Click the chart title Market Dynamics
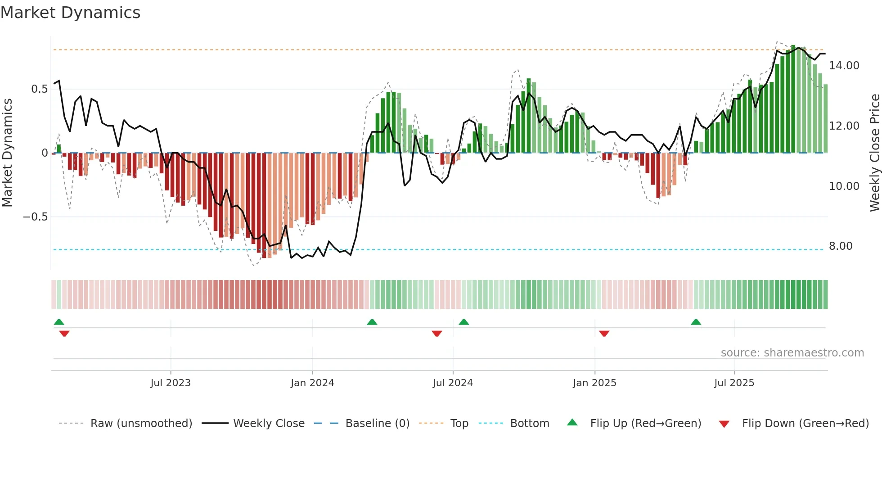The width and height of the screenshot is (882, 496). tap(70, 13)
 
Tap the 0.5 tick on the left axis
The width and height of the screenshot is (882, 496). tap(39, 89)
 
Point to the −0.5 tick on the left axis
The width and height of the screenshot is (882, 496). tap(35, 217)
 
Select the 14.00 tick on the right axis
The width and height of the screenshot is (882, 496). tap(844, 66)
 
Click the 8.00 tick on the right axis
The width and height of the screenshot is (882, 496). tap(840, 246)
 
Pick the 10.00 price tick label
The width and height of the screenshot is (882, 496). tap(844, 186)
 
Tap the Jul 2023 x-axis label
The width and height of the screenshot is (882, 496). tap(171, 383)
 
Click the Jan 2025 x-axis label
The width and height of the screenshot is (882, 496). tap(594, 383)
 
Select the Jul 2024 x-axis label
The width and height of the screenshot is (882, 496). tap(453, 383)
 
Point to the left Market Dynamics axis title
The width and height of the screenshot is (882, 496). tap(7, 153)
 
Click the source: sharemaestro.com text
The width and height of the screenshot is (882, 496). tap(792, 353)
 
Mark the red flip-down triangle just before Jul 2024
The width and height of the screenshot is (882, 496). tap(436, 334)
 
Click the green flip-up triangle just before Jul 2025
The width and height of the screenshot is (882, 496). tap(696, 322)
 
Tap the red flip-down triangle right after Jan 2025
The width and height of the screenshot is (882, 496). tap(604, 334)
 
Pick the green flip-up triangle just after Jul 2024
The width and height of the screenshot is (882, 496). tap(463, 322)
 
